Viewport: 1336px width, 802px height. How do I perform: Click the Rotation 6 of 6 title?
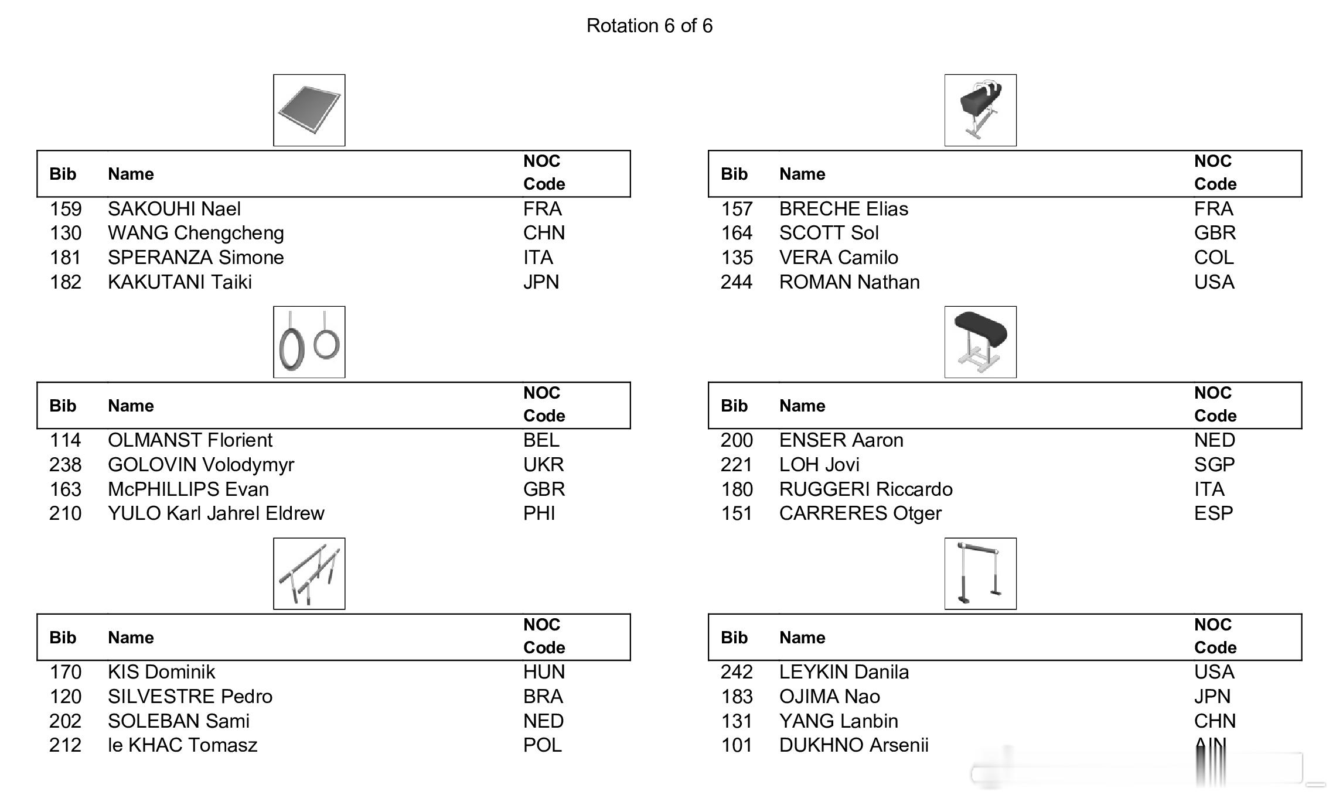tap(649, 26)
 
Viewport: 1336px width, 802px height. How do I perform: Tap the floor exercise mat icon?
tap(309, 110)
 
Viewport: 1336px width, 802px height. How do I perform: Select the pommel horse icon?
tap(980, 110)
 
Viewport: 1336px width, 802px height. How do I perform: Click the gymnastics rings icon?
tap(309, 342)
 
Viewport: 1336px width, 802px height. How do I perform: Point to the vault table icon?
tap(980, 342)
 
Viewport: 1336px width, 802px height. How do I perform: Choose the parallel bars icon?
tap(309, 574)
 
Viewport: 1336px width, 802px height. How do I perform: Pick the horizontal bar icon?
tap(980, 574)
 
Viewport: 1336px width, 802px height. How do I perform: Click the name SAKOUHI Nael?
tap(174, 209)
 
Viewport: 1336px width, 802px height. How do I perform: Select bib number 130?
tap(65, 233)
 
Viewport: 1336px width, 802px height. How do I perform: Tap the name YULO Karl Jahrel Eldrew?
tap(216, 513)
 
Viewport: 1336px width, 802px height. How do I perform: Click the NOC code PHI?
tap(539, 513)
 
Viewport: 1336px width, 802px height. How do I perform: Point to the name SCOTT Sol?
tap(829, 233)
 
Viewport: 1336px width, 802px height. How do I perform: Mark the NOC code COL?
tap(1214, 258)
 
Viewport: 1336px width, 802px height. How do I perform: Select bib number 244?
tap(736, 282)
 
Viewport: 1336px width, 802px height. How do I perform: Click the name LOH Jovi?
tap(819, 465)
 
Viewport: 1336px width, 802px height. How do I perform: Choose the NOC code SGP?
tap(1214, 465)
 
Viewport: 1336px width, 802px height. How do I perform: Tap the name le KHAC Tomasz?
tap(182, 745)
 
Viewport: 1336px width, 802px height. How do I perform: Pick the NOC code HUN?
tap(544, 672)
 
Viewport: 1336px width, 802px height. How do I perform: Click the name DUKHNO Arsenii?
tap(853, 745)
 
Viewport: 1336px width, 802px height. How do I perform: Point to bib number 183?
tap(737, 697)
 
